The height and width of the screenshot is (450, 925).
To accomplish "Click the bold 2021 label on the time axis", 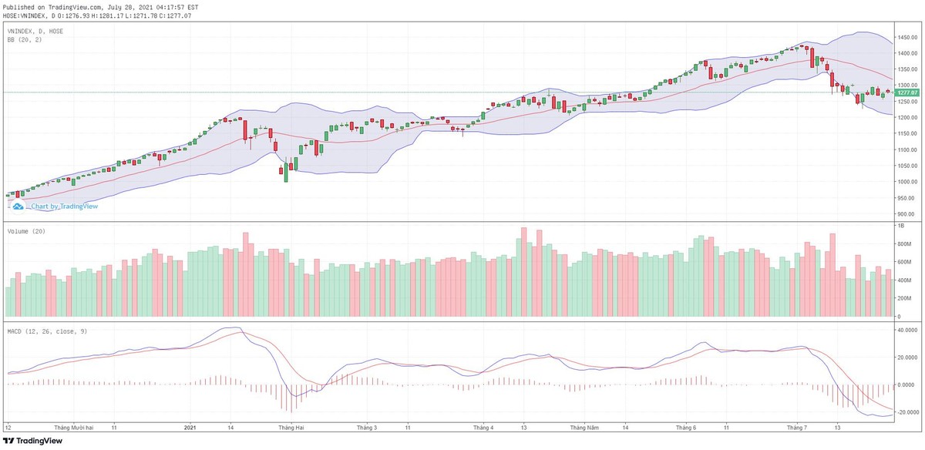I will [x=192, y=426].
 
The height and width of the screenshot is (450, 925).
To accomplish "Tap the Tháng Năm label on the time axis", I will [x=584, y=426].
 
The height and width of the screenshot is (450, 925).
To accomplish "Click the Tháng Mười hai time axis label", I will [x=74, y=426].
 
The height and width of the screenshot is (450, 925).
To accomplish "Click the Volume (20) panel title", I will [x=25, y=231].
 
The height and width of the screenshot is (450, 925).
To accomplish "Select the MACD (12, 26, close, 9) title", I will [x=45, y=331].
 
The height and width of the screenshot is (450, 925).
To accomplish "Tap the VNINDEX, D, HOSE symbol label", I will [x=35, y=31].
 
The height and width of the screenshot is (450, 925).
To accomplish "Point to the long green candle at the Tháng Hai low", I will [x=286, y=172].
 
